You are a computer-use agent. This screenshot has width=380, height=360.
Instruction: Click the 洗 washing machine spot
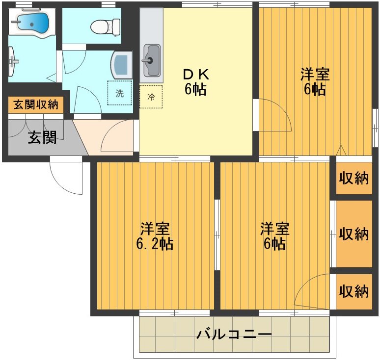pos(120,93)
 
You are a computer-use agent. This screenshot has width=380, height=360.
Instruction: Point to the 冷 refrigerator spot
pos(151,97)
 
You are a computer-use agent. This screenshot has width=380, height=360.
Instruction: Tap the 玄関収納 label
pos(35,104)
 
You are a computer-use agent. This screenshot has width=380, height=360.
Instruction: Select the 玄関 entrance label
pos(42,138)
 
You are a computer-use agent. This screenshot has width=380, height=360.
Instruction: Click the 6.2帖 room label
pos(155,236)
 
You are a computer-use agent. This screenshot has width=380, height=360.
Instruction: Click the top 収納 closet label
pos(353,179)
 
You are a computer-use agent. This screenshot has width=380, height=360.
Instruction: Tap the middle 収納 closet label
pos(353,234)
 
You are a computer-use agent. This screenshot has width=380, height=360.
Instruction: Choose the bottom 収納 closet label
pos(353,291)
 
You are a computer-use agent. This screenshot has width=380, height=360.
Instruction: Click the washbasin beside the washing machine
pos(121,64)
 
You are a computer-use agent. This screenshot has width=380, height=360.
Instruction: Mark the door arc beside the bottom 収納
pos(312,291)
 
